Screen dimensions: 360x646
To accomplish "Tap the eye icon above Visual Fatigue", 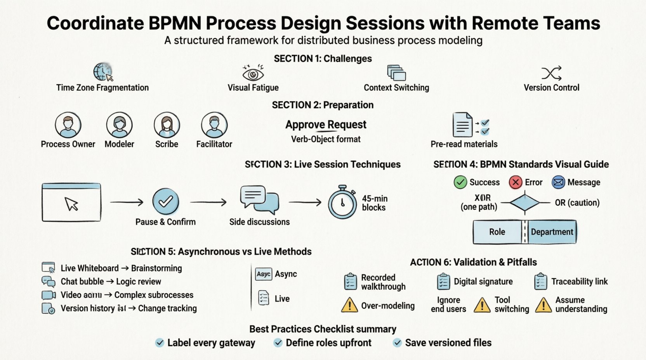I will click(253, 73).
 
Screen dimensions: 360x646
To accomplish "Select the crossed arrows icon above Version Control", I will click(551, 73).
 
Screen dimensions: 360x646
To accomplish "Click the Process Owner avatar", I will click(68, 125).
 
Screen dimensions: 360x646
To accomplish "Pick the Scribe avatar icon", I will click(167, 125).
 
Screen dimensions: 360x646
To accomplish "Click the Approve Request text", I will click(326, 125).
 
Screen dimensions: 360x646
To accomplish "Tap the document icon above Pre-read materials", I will click(463, 125).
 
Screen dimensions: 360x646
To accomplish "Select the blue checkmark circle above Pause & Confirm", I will click(166, 201).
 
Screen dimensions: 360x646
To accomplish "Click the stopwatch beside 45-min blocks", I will click(342, 202).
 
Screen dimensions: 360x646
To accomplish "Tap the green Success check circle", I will click(460, 182).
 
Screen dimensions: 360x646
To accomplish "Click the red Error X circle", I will click(516, 182).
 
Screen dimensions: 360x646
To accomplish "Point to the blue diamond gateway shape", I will click(524, 202).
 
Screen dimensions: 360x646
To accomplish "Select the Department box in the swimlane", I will click(552, 232).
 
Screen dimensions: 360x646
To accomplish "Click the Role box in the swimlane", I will click(497, 232).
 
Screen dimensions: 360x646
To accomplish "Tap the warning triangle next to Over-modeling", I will click(349, 305).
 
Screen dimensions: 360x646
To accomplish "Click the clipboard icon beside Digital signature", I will click(443, 282).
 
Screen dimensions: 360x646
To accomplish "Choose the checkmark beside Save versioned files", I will click(397, 343).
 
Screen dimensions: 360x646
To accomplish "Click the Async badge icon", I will click(264, 274).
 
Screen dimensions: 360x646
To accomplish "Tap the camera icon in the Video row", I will click(48, 295).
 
